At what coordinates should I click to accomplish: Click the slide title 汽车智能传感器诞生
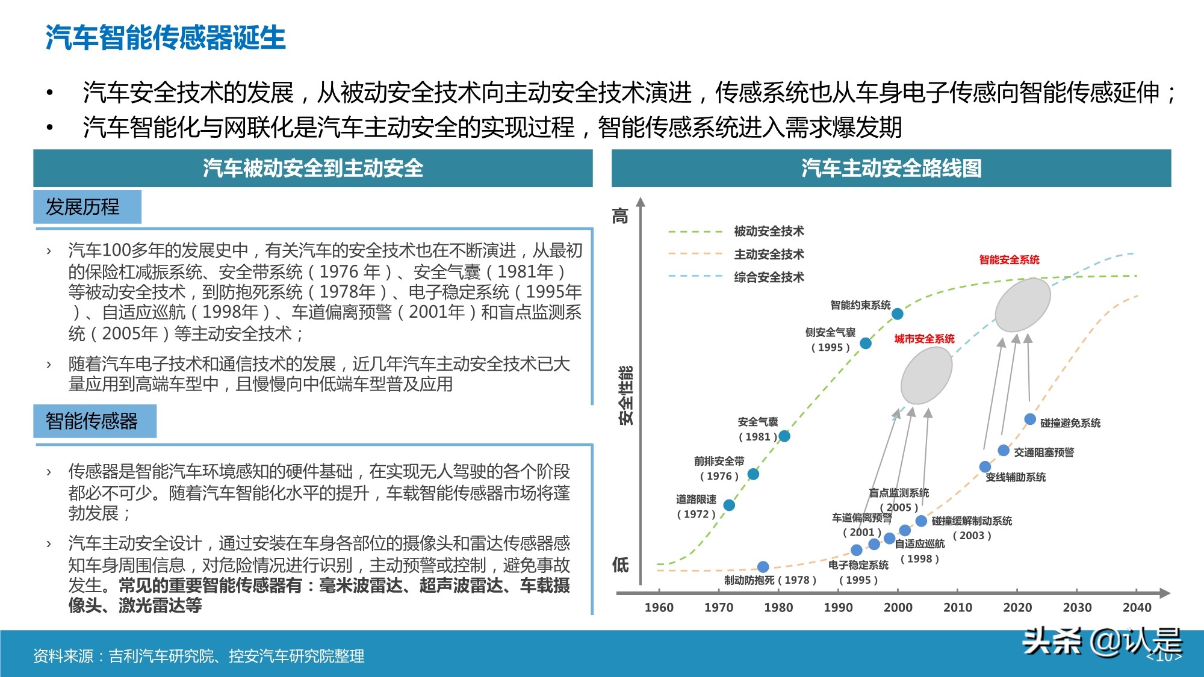166,37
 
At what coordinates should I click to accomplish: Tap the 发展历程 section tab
83,207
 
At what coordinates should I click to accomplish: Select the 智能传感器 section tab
92,421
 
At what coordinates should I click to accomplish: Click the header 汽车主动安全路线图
891,168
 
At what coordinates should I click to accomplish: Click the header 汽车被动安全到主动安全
312,168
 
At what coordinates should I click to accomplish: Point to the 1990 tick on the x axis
838,607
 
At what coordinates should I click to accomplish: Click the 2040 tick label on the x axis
1137,607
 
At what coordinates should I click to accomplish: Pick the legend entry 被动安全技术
769,231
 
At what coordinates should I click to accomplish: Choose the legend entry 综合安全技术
769,277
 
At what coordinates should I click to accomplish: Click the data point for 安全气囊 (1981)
784,436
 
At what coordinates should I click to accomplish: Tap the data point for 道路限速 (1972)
729,505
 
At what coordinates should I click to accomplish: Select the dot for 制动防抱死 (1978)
763,566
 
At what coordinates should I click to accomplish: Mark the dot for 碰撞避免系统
1030,419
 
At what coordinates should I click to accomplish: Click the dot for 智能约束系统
898,314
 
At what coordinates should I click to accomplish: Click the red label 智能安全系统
1009,260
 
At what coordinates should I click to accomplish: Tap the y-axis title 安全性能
626,395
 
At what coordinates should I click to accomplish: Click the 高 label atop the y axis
621,215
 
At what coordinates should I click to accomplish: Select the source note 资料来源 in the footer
199,656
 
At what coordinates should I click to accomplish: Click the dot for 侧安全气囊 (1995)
866,343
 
